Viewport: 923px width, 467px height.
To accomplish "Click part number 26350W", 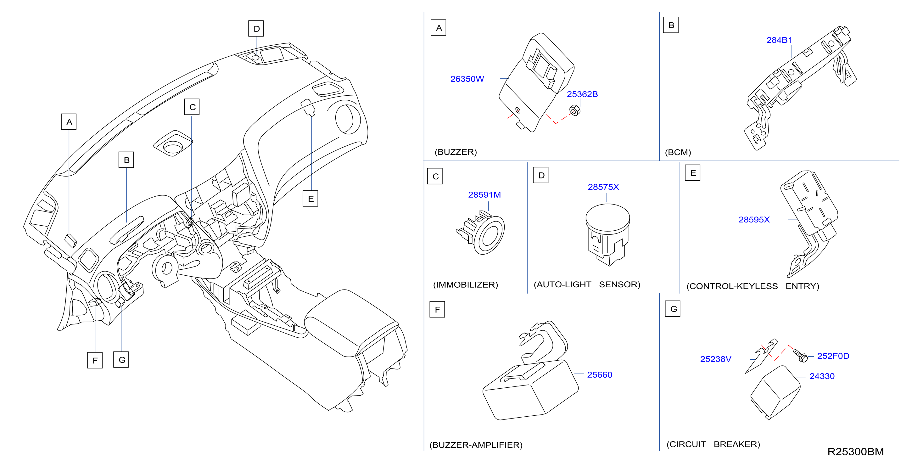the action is point(467,79).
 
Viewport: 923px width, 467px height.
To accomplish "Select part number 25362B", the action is point(582,94).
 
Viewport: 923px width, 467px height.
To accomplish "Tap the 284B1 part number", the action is point(779,40).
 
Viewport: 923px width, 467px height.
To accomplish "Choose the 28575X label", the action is point(603,187).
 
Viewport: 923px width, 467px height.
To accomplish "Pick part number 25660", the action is point(600,375).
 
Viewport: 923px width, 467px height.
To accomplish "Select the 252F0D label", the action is point(833,356).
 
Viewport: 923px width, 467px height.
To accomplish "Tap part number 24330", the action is point(822,376).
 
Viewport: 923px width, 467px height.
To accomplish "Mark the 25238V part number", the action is point(716,359).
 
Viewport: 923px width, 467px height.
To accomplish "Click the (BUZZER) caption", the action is point(456,152).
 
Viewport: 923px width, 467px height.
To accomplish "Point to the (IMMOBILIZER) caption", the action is point(466,284).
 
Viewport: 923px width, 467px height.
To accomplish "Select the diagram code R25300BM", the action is point(855,452).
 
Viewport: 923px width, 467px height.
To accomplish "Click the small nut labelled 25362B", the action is point(574,110).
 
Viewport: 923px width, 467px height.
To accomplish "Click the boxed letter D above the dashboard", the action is point(256,29).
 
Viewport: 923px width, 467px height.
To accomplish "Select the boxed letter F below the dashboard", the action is point(95,360).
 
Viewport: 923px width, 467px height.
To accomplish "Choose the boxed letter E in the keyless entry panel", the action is point(693,173).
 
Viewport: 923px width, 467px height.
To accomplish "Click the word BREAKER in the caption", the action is point(737,444).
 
